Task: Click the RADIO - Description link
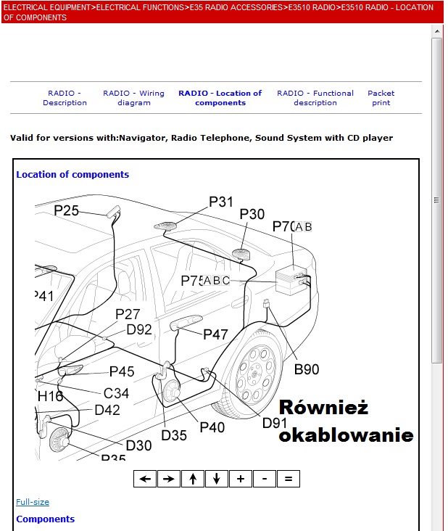point(65,98)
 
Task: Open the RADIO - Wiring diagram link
point(133,98)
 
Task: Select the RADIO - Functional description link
point(315,98)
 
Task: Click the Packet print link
point(381,98)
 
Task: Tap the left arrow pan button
point(145,479)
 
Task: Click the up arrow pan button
point(192,479)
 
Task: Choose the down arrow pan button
point(216,479)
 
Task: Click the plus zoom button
point(240,479)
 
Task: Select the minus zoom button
point(264,479)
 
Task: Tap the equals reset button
point(288,479)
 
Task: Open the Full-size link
point(33,502)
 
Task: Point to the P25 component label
point(67,210)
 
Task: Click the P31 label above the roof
point(221,202)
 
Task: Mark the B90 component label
point(306,369)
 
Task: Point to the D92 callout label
point(139,329)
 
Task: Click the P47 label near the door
point(215,334)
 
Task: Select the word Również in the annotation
point(323,407)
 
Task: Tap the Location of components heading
point(72,175)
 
